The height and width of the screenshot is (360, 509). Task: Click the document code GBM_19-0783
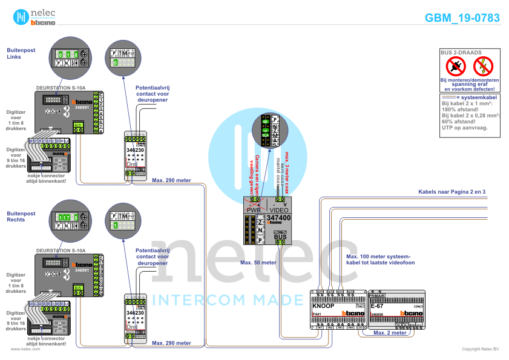[x=462, y=18]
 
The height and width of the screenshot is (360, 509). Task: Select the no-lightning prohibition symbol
[x=483, y=66]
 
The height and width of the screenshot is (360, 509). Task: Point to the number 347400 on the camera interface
[x=279, y=217]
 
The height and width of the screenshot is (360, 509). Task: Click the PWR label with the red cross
[x=253, y=209]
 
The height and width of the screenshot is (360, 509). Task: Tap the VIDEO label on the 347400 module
[x=279, y=209]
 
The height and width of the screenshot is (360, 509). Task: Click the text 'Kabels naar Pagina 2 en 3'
[x=452, y=192]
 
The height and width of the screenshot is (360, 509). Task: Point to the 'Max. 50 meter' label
[x=258, y=263]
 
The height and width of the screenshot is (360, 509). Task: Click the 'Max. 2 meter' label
[x=389, y=333]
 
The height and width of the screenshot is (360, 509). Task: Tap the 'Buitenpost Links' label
[x=22, y=53]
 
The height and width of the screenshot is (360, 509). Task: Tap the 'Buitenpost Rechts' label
[x=22, y=217]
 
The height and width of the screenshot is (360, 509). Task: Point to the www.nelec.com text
[x=25, y=349]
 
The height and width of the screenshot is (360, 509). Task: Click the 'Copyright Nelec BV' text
[x=480, y=349]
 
